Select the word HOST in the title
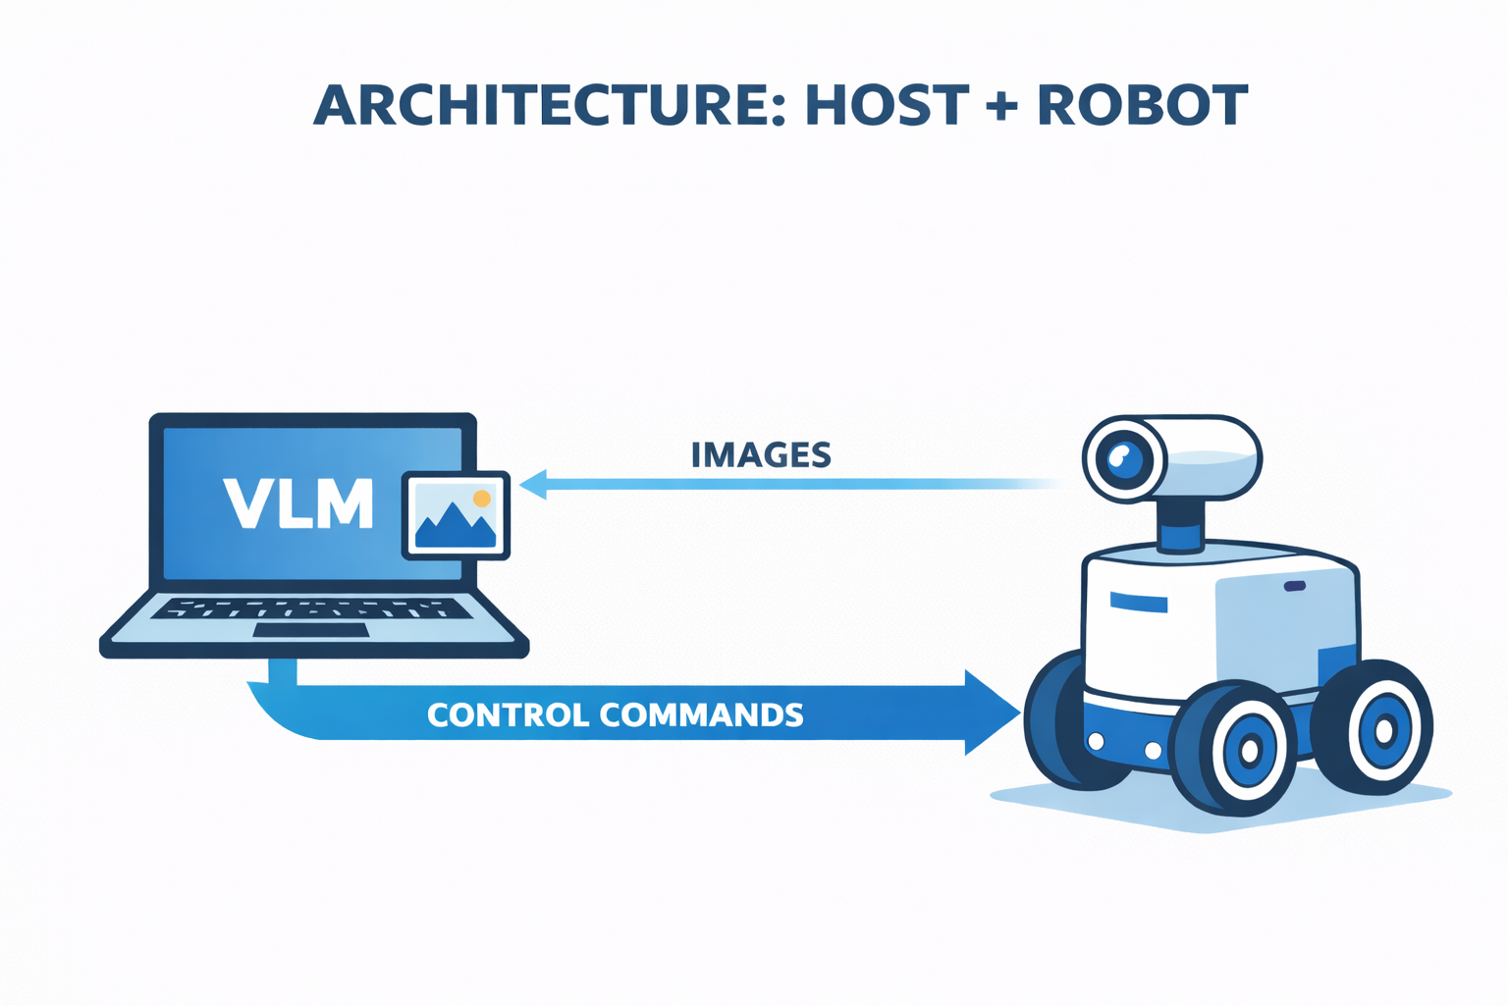coord(887,105)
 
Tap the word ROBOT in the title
coord(1142,105)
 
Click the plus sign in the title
coord(1001,105)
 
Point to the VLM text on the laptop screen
coord(298,503)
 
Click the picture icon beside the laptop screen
coord(456,515)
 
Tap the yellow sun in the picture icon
coord(481,499)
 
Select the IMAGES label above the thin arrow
coord(761,455)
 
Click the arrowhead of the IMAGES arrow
coord(532,484)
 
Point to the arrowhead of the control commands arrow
coord(992,713)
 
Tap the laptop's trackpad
coord(310,630)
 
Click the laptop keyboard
coord(310,608)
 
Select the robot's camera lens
coord(1123,459)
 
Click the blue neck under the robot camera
coord(1180,536)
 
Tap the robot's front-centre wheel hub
coord(1249,752)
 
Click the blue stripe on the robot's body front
coord(1138,602)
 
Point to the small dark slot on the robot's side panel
coord(1295,587)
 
